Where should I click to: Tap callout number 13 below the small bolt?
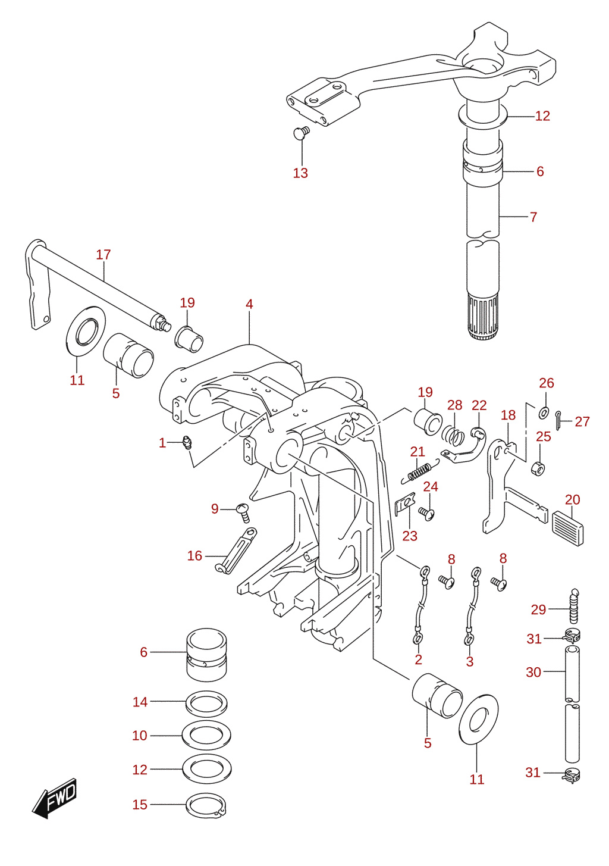click(300, 173)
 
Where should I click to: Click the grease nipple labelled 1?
click(186, 442)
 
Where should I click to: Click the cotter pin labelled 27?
click(559, 421)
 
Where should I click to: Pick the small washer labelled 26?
click(544, 412)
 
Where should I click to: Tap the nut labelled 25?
click(538, 468)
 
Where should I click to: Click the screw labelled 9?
click(243, 512)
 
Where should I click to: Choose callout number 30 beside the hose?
click(533, 672)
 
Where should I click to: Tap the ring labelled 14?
click(206, 704)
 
